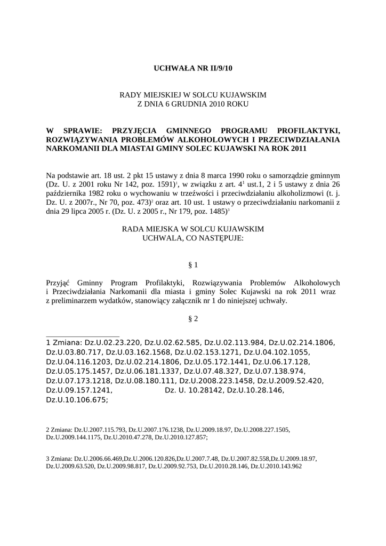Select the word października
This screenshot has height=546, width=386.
[67, 194]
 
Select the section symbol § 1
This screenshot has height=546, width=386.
[193, 264]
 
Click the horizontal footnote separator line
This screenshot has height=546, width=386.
[83, 336]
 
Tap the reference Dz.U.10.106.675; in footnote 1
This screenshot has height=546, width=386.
[77, 400]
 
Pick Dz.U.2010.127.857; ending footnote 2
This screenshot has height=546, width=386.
[179, 437]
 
